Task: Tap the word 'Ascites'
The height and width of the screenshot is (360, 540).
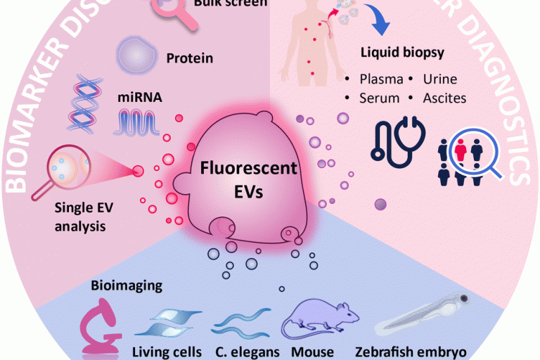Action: (444, 98)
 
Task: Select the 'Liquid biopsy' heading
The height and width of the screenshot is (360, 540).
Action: (403, 53)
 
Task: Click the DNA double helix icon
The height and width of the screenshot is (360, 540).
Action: (82, 103)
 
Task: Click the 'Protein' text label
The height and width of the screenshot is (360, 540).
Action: (189, 58)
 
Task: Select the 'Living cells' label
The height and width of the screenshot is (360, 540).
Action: (167, 351)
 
